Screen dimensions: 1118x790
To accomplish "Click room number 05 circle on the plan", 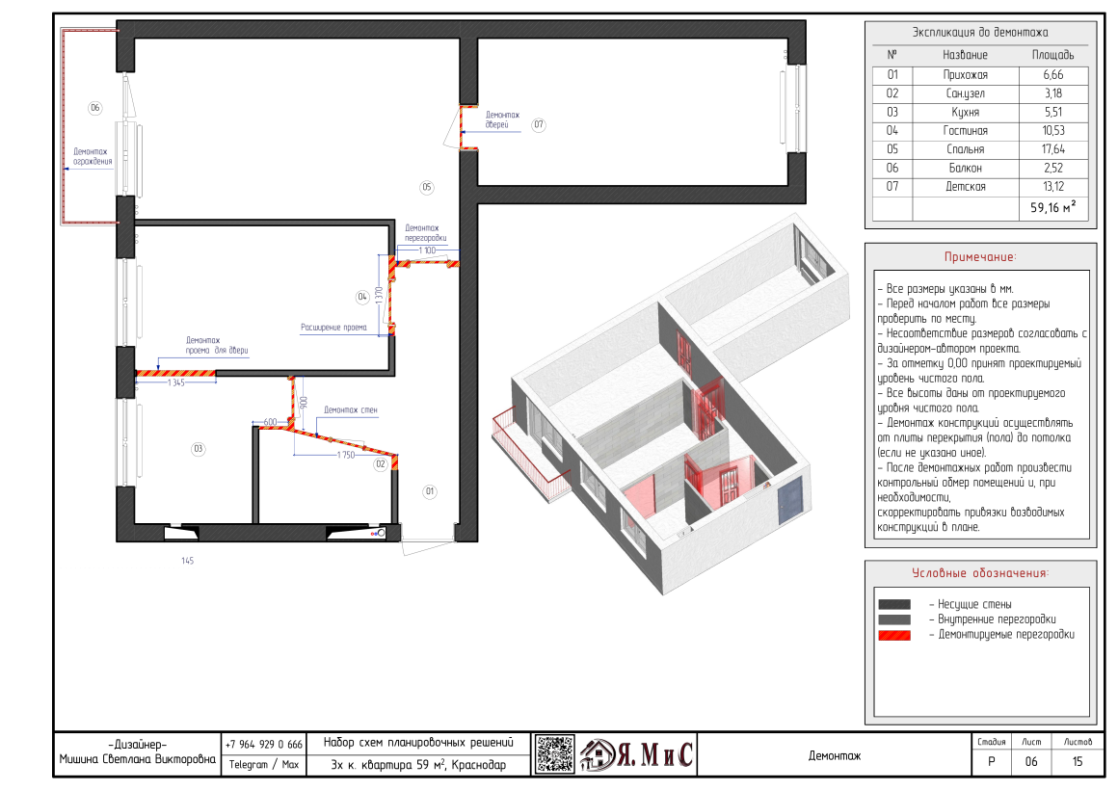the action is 426,188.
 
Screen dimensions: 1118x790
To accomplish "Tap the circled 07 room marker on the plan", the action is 539,125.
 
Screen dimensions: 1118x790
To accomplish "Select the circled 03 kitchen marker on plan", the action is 199,449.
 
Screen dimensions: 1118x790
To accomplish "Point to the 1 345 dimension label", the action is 176,382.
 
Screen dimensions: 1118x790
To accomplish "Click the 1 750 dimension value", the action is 346,455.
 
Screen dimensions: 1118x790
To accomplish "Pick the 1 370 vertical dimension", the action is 380,295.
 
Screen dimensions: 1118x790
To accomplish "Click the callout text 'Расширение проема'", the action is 333,328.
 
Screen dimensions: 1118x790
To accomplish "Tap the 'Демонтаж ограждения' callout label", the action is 92,156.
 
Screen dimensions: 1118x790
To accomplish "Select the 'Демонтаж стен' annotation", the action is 351,410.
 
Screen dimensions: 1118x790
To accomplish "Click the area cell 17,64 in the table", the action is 1053,149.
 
